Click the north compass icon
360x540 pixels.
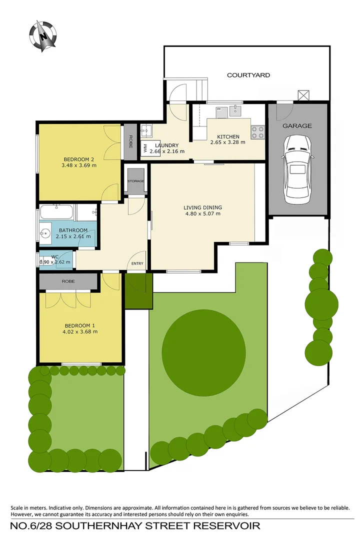click(x=43, y=36)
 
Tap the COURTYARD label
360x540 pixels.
click(x=248, y=75)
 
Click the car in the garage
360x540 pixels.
click(x=297, y=169)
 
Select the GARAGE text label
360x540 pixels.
click(x=297, y=126)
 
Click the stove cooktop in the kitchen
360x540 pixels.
click(x=257, y=132)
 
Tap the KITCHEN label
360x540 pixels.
click(x=228, y=136)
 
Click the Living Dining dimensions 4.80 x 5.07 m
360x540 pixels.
click(x=202, y=214)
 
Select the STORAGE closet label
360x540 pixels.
click(x=135, y=181)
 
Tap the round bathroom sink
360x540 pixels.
click(x=44, y=233)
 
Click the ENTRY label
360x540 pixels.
click(x=137, y=263)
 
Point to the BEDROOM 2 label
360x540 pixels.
click(x=79, y=159)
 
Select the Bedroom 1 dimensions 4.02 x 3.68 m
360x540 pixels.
click(x=80, y=332)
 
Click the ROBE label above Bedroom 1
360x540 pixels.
click(x=68, y=281)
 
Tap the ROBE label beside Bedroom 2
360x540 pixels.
click(x=130, y=141)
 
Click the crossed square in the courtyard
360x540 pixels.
click(x=303, y=94)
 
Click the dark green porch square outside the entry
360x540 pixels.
click(x=138, y=291)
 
